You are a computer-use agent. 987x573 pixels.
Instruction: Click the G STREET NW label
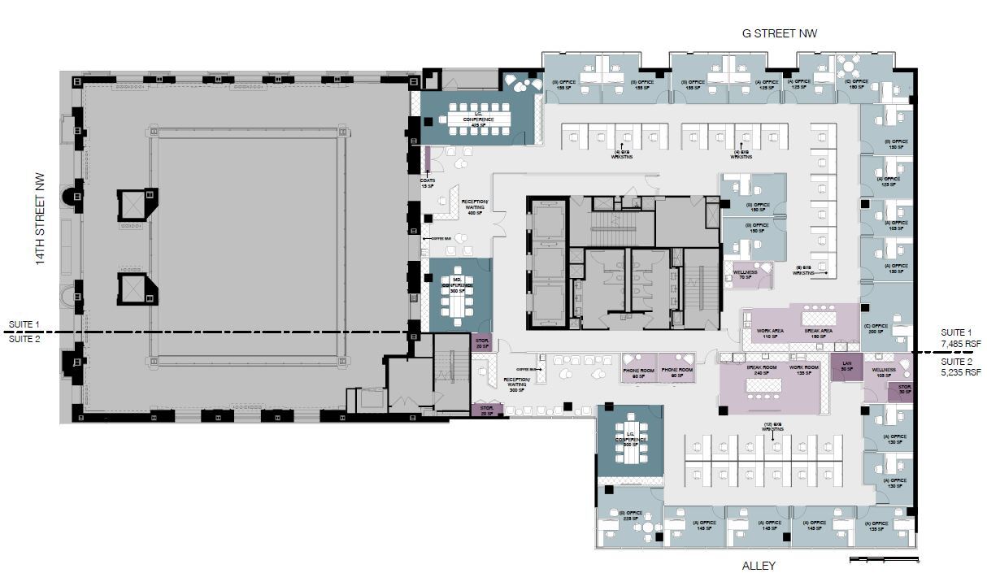(779, 33)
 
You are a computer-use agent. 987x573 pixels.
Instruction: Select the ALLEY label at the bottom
(759, 565)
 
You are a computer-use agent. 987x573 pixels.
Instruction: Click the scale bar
(884, 558)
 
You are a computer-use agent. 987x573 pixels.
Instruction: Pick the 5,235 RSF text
(960, 373)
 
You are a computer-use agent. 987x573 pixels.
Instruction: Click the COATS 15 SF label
(428, 183)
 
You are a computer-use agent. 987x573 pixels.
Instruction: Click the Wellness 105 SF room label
(884, 372)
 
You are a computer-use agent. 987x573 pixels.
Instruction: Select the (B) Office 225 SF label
(632, 515)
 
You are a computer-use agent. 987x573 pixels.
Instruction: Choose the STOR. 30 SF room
(903, 392)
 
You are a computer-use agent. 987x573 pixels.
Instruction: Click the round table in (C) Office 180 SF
(850, 66)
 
